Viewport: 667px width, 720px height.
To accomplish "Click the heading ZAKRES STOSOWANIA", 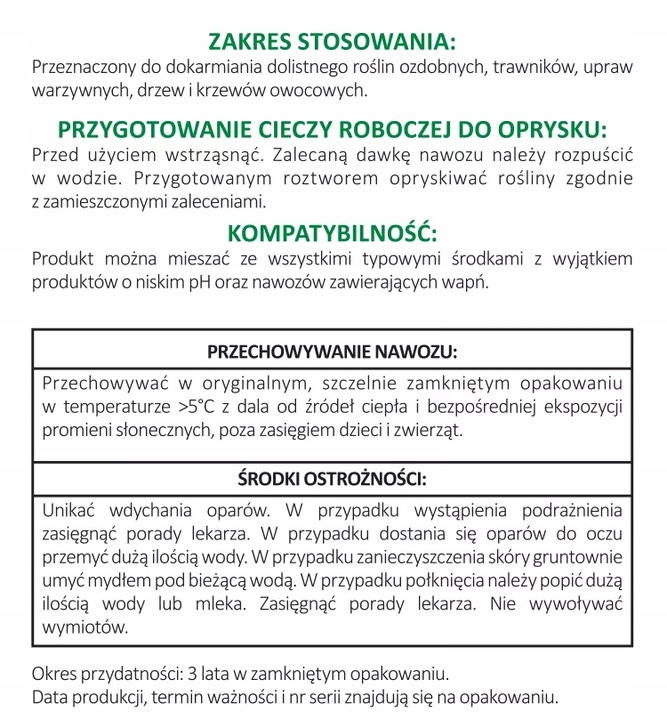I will pyautogui.click(x=332, y=42).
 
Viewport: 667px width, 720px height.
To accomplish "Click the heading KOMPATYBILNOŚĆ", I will pyautogui.click(x=332, y=234).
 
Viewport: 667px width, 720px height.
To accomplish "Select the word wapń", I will pyautogui.click(x=468, y=283).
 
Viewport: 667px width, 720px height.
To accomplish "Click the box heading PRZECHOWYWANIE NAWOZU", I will pyautogui.click(x=332, y=352).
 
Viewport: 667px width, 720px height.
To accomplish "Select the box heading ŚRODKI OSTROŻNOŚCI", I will pyautogui.click(x=332, y=477).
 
